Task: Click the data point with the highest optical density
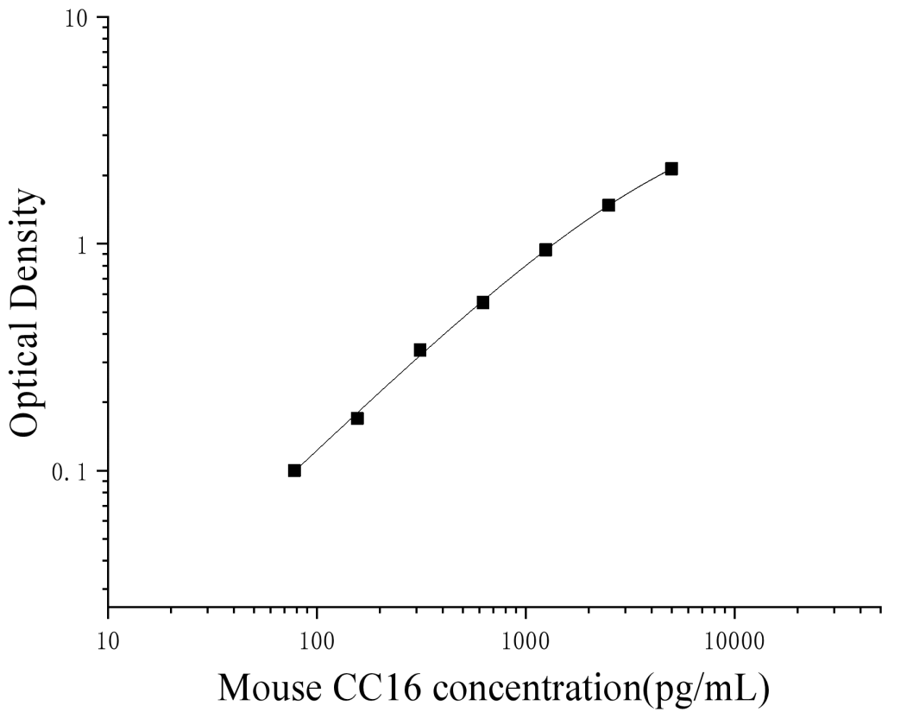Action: [671, 168]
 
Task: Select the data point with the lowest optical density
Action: [294, 470]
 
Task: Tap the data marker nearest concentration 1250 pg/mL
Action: [545, 249]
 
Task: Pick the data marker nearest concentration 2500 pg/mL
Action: [608, 205]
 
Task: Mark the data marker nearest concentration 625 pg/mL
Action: [482, 302]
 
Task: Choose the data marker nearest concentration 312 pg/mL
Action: [419, 350]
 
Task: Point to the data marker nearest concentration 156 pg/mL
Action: [357, 418]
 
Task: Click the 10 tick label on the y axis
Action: [80, 18]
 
